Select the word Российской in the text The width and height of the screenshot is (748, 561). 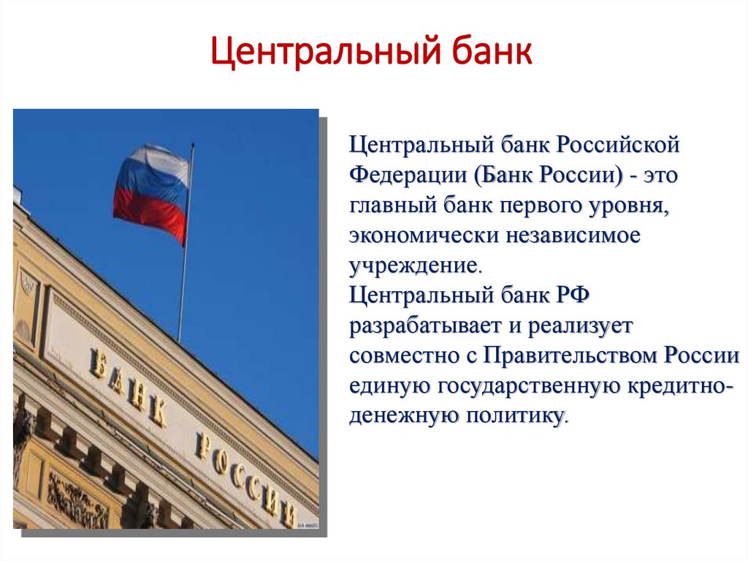[x=619, y=143]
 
